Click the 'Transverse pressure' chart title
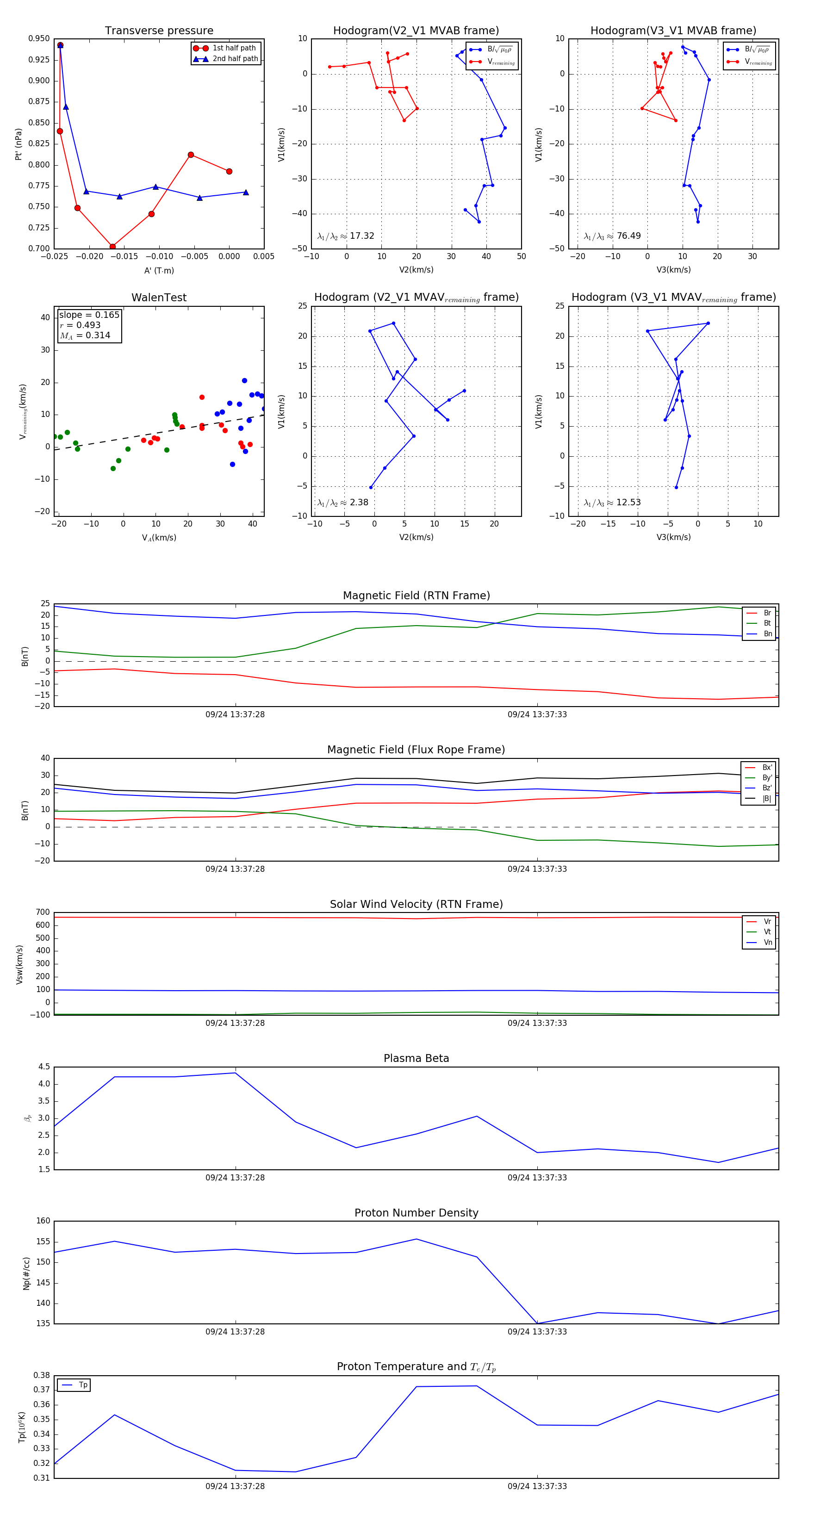pos(159,31)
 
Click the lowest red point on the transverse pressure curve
pos(112,247)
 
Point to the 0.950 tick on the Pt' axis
pos(39,38)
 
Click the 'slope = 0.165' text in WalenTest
pos(89,315)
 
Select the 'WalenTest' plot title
pos(159,298)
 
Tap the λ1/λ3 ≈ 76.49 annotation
pos(612,236)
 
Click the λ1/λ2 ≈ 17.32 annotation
pos(346,236)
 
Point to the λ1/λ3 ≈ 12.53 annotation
pos(612,503)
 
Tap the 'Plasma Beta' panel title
pos(416,1059)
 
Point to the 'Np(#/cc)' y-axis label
pos(26,1273)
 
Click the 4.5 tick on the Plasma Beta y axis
pos(44,1067)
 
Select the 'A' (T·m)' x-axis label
pos(159,271)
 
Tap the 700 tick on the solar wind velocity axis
pos(43,912)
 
